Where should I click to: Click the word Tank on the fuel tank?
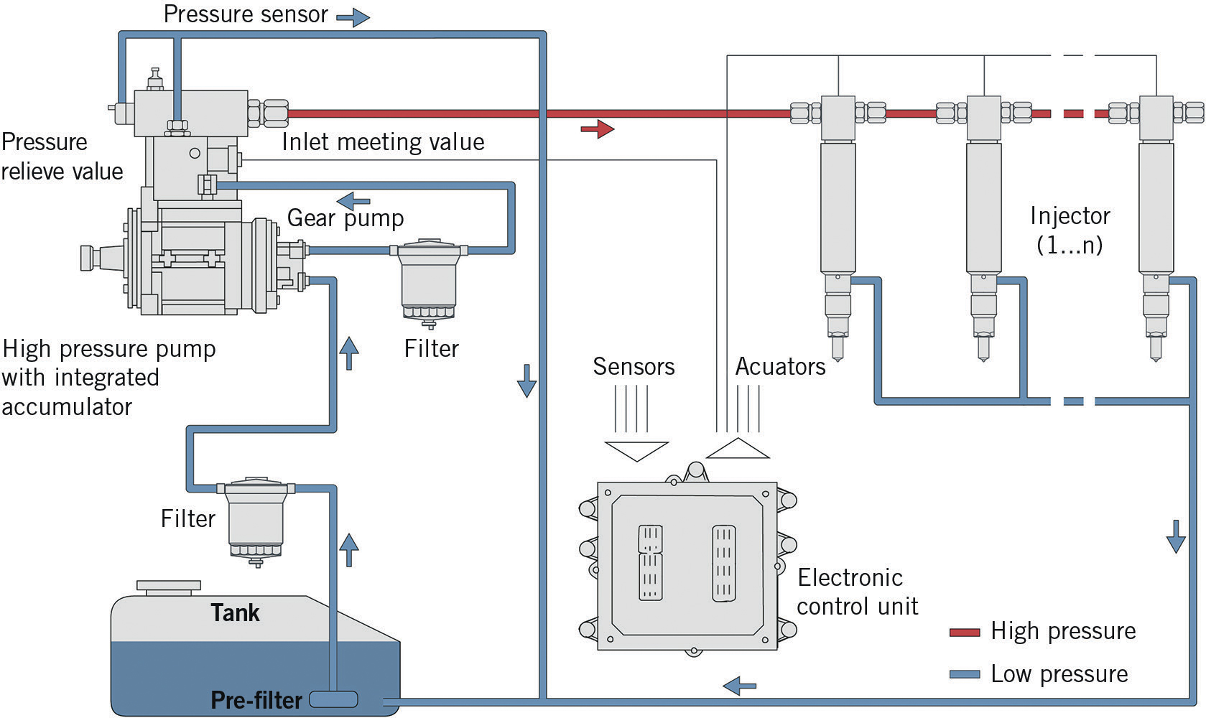tap(235, 612)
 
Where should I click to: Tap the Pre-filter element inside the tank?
tap(333, 699)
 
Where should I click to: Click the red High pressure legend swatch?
tap(964, 633)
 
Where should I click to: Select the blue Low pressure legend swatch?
tap(964, 675)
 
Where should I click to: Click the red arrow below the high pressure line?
tap(597, 129)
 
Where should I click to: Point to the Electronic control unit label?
tap(856, 592)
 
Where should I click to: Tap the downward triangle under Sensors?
tap(636, 450)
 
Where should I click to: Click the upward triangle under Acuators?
tap(738, 449)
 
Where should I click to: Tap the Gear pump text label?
tap(345, 218)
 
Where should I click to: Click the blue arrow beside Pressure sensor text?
tap(352, 18)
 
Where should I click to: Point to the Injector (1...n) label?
tap(1070, 230)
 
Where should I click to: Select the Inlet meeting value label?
tap(383, 142)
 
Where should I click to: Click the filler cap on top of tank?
tap(169, 587)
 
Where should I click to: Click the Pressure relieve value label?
tap(62, 157)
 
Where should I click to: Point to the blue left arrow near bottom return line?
tap(739, 686)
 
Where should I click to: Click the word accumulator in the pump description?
tap(67, 407)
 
